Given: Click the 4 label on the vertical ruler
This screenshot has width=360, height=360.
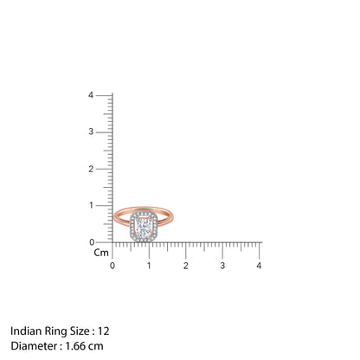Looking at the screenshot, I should pyautogui.click(x=102, y=94).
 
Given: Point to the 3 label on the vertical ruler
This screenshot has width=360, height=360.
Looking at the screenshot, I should pyautogui.click(x=102, y=132).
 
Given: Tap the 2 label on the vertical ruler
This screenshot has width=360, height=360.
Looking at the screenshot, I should pyautogui.click(x=102, y=169).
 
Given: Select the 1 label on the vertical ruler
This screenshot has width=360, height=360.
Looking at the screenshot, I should pyautogui.click(x=102, y=205).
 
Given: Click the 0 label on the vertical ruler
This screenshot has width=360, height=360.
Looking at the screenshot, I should pyautogui.click(x=102, y=241).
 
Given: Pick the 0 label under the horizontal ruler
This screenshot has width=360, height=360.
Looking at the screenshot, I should pyautogui.click(x=112, y=265).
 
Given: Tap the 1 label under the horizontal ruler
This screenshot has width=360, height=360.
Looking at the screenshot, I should pyautogui.click(x=149, y=265).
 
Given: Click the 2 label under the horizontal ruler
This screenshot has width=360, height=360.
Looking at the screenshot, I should pyautogui.click(x=185, y=265).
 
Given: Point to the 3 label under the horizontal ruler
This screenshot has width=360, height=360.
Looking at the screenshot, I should pyautogui.click(x=222, y=265).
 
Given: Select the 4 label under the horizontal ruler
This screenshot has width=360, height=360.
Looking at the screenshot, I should pyautogui.click(x=259, y=265).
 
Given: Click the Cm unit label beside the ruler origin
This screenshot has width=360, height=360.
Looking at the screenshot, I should pyautogui.click(x=101, y=254).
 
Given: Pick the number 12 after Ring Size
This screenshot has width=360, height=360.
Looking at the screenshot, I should pyautogui.click(x=104, y=331).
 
